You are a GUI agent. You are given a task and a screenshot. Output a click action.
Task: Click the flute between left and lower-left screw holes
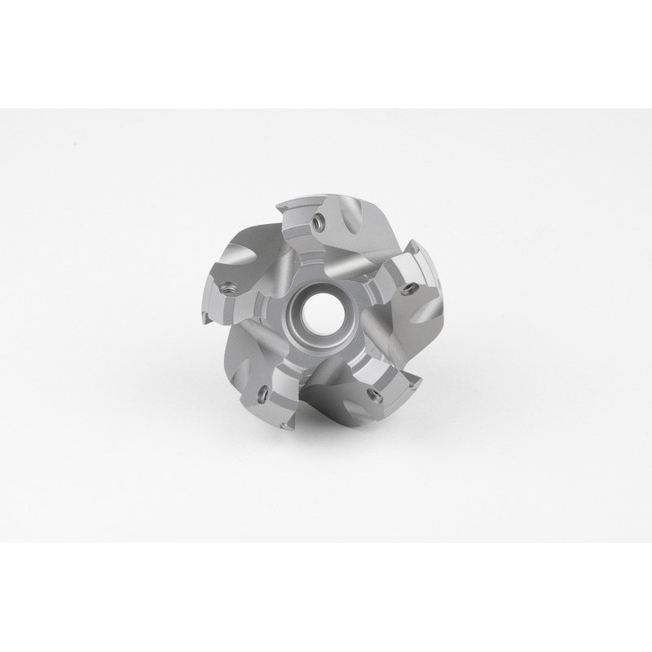pos(232,342)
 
